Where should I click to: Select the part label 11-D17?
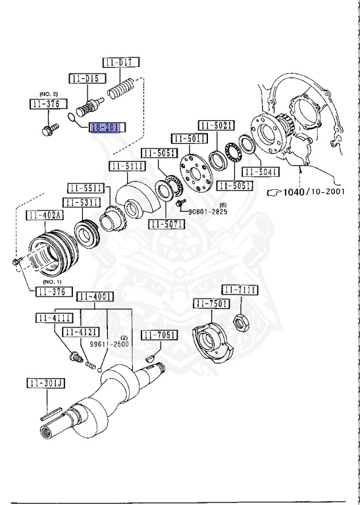coord(120,63)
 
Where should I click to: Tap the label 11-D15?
coord(85,78)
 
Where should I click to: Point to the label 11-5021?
coord(217,124)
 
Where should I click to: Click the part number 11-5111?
coord(127,166)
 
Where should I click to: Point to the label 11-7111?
coord(240,290)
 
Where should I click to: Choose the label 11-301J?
coord(45,383)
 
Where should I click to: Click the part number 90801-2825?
coord(209,212)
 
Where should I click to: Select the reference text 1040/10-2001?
coord(311,192)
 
